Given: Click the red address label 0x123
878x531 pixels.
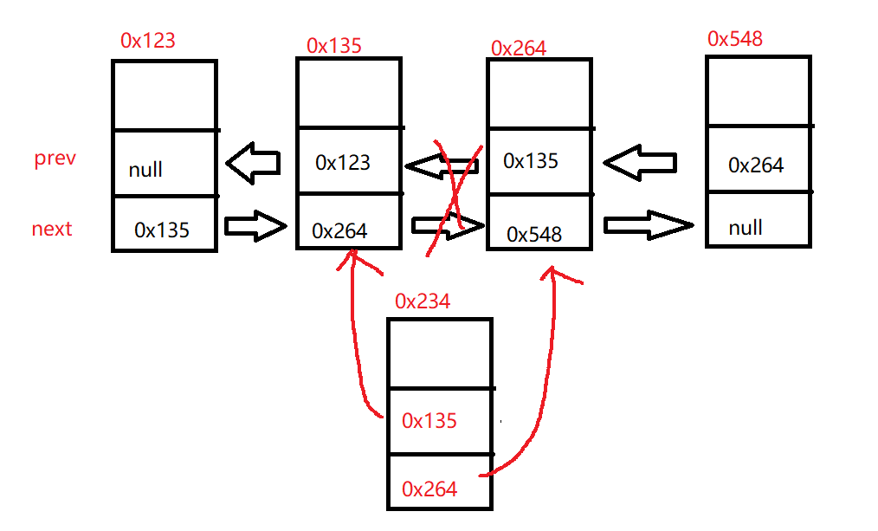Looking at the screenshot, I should point(148,41).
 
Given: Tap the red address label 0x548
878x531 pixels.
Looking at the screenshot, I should point(735,38).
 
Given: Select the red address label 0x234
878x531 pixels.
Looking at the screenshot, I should point(423,301).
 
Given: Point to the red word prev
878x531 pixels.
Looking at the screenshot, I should point(55,159).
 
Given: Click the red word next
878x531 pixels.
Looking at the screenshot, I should point(52,230).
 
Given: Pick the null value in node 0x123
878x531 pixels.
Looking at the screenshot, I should point(145,170).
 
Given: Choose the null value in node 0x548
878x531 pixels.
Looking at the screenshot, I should point(746,228).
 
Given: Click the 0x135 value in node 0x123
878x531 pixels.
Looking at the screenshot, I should point(162,230).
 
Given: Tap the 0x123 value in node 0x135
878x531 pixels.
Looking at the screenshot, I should point(343,162).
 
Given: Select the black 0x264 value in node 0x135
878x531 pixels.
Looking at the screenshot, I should point(339,231).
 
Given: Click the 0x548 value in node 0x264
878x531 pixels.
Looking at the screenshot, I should point(534,234).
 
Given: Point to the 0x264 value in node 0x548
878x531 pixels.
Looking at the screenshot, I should point(756,165).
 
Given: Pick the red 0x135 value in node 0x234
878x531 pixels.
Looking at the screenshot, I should point(429,421).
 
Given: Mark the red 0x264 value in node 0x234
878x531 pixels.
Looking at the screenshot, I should point(429,489).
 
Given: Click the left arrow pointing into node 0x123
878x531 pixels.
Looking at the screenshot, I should point(253,164).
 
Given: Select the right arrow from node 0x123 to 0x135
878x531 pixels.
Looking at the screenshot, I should point(255,227).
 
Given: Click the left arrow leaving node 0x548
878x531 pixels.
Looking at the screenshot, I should point(640,162).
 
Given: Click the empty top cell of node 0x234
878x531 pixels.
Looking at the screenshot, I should point(439,353).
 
